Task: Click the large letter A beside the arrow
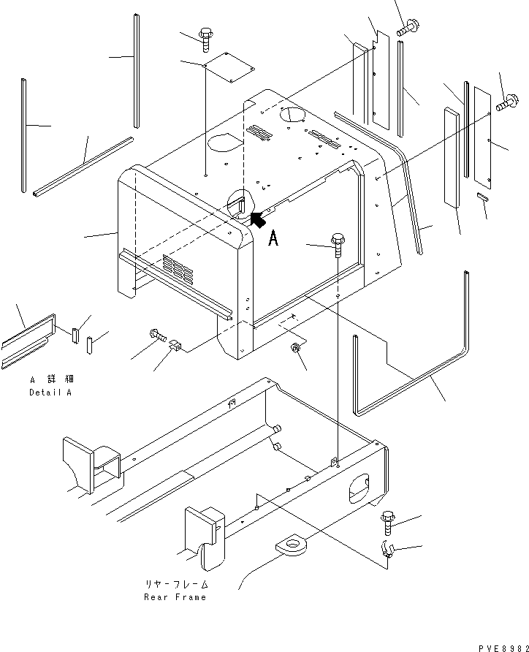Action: (x=273, y=238)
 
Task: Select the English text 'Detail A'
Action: (x=52, y=393)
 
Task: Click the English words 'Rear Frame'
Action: (x=176, y=596)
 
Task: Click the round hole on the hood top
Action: (x=291, y=115)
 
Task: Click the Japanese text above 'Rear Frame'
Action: (x=176, y=585)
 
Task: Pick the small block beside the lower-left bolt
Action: (x=176, y=345)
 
